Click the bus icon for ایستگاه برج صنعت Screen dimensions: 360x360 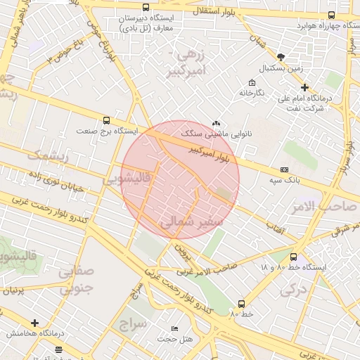coord(106,120)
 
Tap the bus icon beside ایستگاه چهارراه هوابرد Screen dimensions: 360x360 coord(331,15)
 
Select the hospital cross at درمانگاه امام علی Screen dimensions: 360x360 coord(304,88)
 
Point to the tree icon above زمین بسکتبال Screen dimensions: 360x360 coord(281,56)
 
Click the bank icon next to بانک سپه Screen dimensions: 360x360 coord(284,169)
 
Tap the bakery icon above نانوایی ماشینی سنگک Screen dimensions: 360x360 coord(216,122)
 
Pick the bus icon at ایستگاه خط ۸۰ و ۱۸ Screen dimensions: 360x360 coord(293,257)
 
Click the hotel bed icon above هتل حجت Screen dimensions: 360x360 coord(175,328)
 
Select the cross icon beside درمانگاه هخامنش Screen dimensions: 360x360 coord(34,323)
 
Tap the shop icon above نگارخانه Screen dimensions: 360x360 coord(252,83)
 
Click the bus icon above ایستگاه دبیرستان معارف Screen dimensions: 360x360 coord(146,7)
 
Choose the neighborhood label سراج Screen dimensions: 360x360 coord(131,325)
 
